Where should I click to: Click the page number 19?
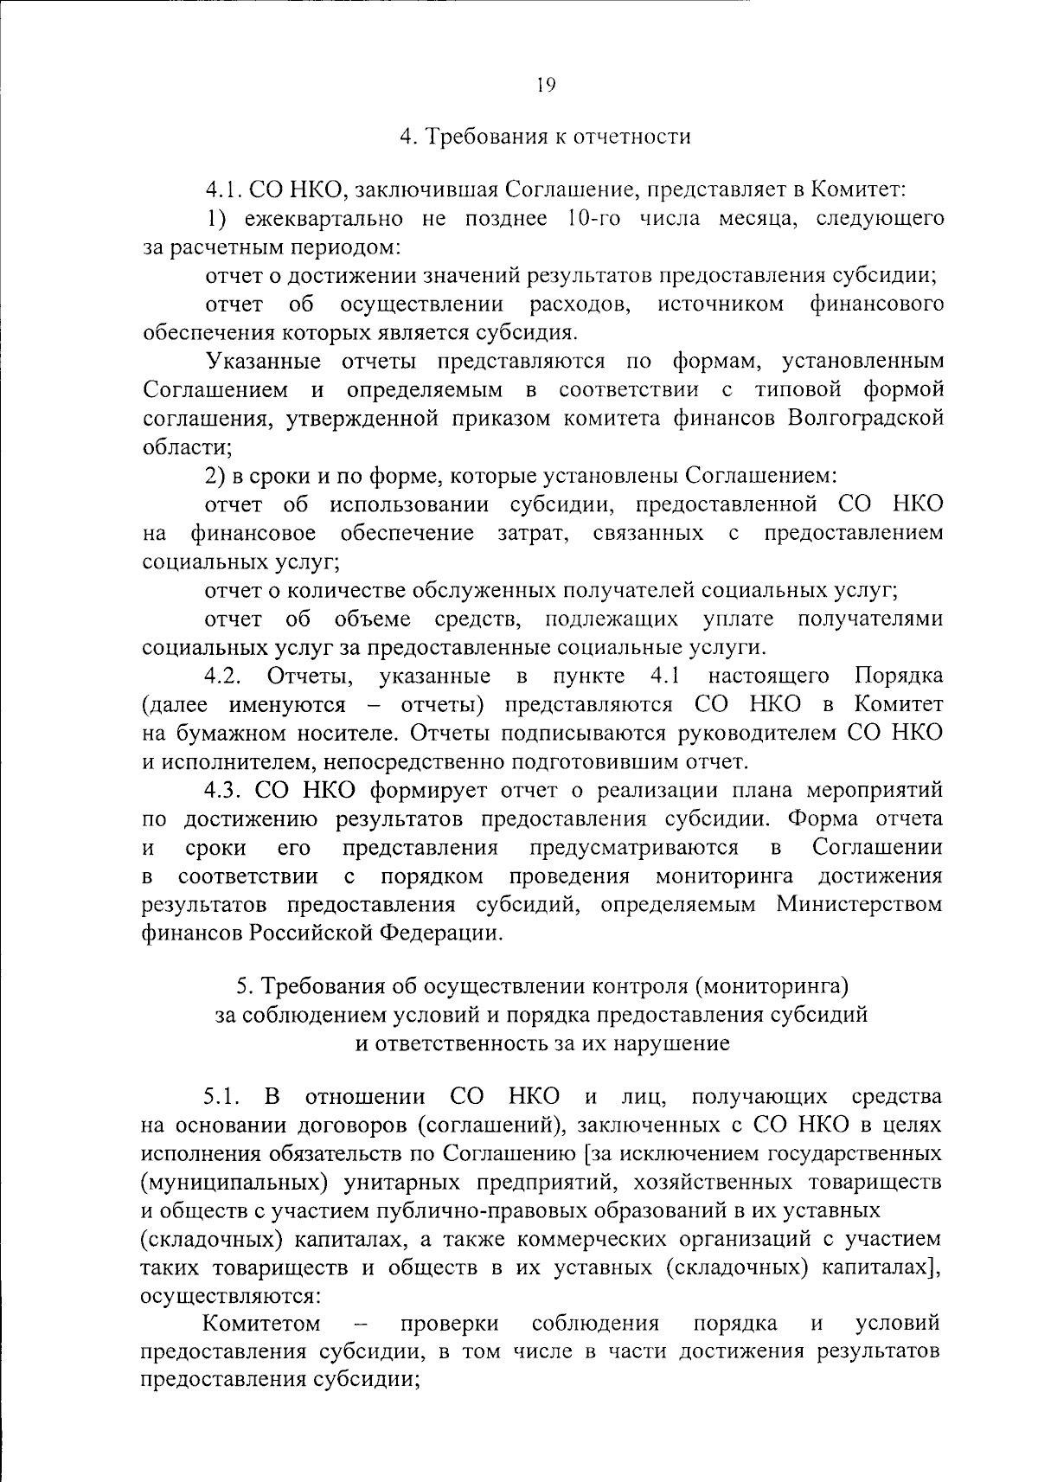545,85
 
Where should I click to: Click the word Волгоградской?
866,418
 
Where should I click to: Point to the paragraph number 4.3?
226,790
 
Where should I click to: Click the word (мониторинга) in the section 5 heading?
775,986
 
